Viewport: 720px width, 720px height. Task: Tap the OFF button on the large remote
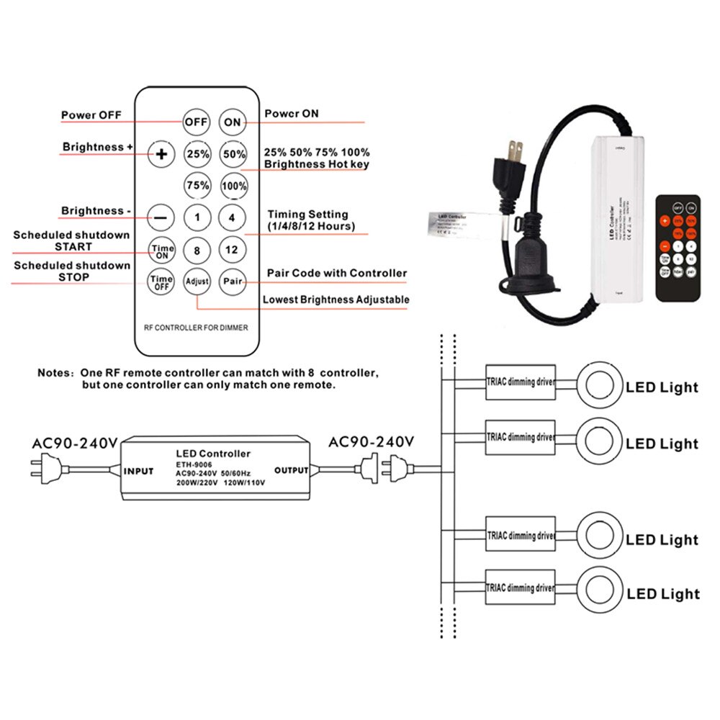(x=196, y=122)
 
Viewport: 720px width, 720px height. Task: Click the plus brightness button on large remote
(x=161, y=153)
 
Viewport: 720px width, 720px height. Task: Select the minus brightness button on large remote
(x=161, y=216)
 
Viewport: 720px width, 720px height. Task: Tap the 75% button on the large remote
(x=197, y=185)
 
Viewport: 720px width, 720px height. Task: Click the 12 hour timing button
(x=232, y=250)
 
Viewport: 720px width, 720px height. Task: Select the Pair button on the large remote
(x=232, y=281)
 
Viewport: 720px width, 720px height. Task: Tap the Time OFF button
(x=161, y=281)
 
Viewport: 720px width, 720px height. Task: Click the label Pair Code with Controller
(x=336, y=273)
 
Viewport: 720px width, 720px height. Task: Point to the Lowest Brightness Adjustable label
(x=336, y=300)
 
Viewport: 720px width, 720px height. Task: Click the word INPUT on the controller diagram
(x=138, y=472)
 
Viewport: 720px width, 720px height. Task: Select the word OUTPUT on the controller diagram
(x=292, y=470)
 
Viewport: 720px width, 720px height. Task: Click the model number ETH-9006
(x=194, y=464)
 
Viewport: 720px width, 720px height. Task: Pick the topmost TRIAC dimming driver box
(x=520, y=382)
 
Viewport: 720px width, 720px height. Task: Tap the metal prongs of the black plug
(x=515, y=153)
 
